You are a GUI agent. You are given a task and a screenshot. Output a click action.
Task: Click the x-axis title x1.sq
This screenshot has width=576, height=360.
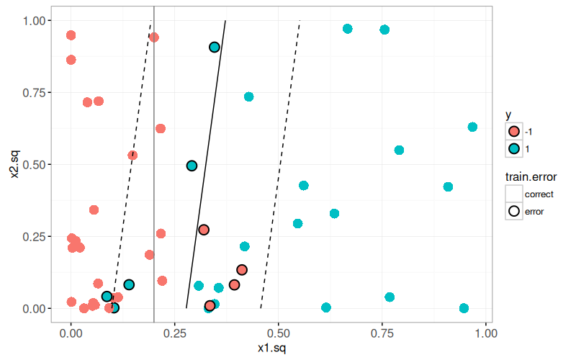[278, 348]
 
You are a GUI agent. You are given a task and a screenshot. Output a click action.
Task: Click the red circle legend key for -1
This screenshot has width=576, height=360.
[514, 131]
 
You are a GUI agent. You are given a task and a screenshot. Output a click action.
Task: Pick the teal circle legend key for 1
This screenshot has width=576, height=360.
[514, 148]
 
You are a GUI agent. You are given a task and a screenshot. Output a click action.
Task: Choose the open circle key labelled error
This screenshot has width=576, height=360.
[514, 211]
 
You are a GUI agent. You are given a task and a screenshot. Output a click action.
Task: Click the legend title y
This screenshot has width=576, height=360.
[508, 114]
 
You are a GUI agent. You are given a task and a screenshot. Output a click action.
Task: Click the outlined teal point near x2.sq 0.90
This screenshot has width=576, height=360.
[215, 48]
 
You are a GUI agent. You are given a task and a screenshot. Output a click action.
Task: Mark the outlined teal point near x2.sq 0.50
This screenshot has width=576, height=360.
[192, 166]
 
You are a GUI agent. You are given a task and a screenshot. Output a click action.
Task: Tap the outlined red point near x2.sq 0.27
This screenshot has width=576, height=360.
[204, 230]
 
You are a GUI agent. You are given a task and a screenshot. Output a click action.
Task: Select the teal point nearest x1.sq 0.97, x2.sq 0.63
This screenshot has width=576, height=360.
[472, 127]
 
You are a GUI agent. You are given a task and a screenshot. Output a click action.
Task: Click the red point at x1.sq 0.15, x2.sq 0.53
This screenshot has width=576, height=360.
[132, 156]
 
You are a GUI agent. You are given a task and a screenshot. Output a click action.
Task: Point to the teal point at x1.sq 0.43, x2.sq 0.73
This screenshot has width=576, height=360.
[248, 96]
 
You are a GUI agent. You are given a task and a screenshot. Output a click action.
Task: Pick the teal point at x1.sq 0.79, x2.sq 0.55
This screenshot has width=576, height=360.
[399, 150]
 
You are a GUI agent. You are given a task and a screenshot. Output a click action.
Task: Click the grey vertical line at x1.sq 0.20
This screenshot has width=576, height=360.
[154, 216]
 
